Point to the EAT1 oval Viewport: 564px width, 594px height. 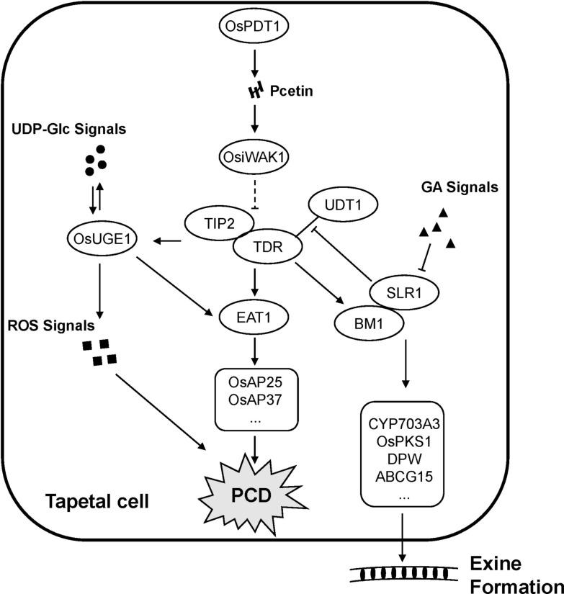pos(256,315)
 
